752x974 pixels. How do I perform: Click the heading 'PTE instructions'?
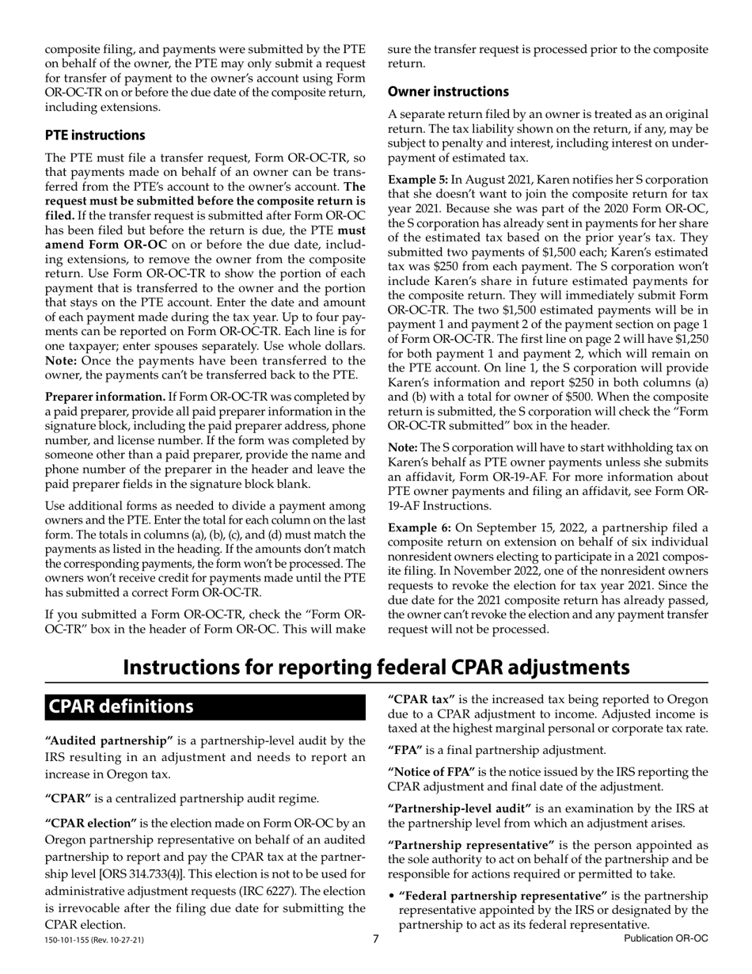point(95,135)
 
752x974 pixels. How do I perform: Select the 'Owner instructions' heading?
point(448,92)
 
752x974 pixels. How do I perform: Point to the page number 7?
point(376,939)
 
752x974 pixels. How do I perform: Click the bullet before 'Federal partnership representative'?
point(392,896)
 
